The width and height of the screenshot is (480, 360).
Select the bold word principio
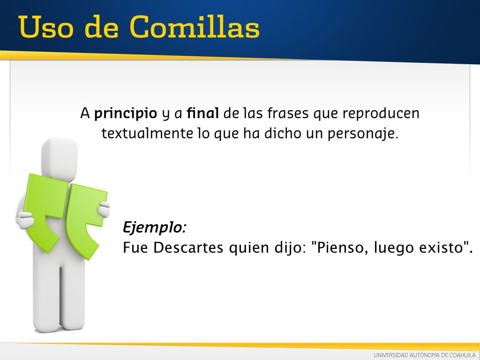tap(126, 114)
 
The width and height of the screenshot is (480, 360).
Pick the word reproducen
tap(381, 114)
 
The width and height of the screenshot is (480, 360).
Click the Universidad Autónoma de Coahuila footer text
tap(425, 355)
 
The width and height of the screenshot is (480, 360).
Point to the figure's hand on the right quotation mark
tap(104, 209)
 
